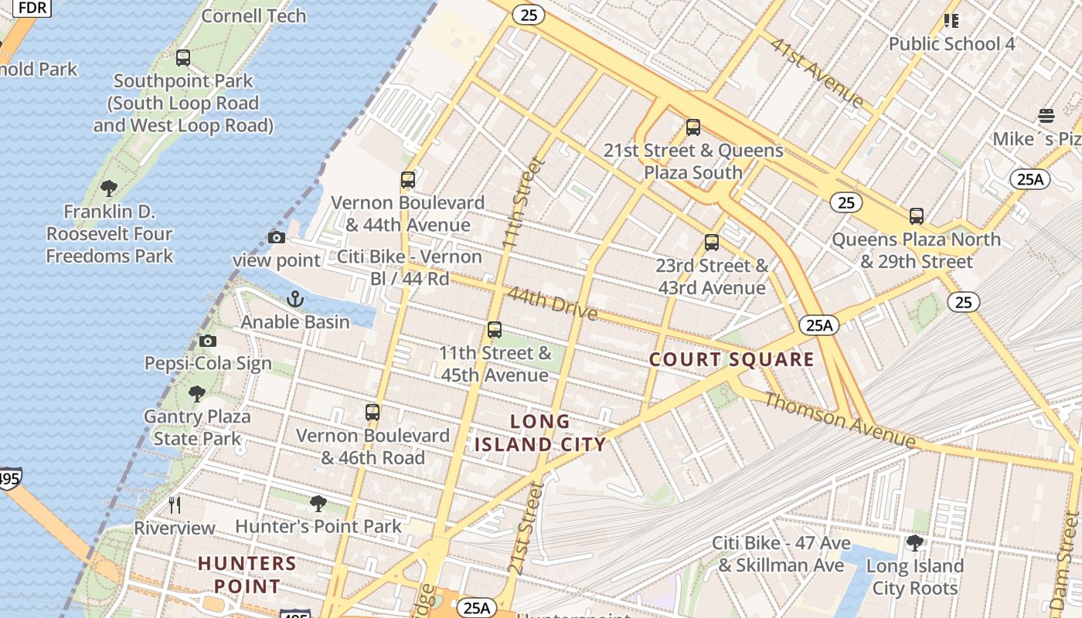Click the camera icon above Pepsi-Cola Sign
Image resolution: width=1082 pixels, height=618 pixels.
click(x=207, y=341)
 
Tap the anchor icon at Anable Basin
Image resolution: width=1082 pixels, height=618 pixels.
click(x=294, y=299)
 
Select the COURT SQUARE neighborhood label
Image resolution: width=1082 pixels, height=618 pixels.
click(x=731, y=359)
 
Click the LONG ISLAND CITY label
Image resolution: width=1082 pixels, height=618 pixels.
click(x=540, y=433)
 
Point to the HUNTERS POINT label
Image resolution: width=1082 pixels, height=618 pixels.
click(x=247, y=574)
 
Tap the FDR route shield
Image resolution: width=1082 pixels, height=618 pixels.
click(x=32, y=8)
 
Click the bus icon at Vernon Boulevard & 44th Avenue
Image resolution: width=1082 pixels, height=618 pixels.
click(x=408, y=180)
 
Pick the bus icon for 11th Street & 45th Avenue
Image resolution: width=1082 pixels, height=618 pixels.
click(x=495, y=330)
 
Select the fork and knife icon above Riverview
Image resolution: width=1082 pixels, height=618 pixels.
click(x=175, y=505)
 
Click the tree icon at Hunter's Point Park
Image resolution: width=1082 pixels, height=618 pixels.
click(x=318, y=504)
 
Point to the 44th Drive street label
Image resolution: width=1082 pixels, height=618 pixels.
click(x=553, y=303)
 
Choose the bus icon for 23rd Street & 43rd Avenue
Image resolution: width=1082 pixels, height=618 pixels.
click(x=712, y=243)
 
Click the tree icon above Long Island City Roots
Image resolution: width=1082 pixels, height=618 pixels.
click(x=915, y=543)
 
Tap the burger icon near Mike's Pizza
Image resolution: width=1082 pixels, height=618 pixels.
click(x=1046, y=116)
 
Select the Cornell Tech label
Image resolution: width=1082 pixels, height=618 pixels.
click(x=253, y=15)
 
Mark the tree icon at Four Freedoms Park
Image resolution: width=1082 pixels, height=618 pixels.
click(x=109, y=188)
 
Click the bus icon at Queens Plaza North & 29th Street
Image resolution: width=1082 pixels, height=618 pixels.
click(x=917, y=216)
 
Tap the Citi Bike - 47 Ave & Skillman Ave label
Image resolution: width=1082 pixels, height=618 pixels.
click(x=781, y=554)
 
